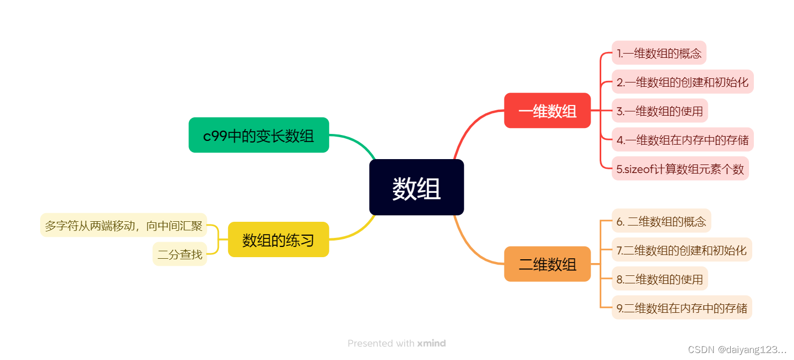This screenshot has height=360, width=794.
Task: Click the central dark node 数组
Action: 416,187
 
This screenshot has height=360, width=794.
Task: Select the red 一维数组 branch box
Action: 547,111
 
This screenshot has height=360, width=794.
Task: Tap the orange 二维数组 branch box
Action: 547,264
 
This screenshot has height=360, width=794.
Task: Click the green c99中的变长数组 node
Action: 259,135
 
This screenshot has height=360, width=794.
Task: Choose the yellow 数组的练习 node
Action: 278,239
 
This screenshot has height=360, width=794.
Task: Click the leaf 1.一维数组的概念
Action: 659,53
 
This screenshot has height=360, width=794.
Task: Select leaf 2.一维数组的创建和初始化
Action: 682,82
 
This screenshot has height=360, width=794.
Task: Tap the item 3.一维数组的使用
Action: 659,111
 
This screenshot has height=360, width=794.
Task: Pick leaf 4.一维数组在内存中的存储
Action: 682,140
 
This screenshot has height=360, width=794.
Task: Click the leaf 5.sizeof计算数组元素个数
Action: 680,169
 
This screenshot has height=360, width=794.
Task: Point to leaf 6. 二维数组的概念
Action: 661,221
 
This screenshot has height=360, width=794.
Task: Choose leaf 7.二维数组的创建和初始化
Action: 681,250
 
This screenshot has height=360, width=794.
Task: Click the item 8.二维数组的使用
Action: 659,279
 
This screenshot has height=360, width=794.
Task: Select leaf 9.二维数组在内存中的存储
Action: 681,307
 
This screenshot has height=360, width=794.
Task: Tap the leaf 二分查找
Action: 180,254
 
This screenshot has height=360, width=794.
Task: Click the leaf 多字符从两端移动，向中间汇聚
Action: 123,225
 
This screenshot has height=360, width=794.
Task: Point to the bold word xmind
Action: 432,343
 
